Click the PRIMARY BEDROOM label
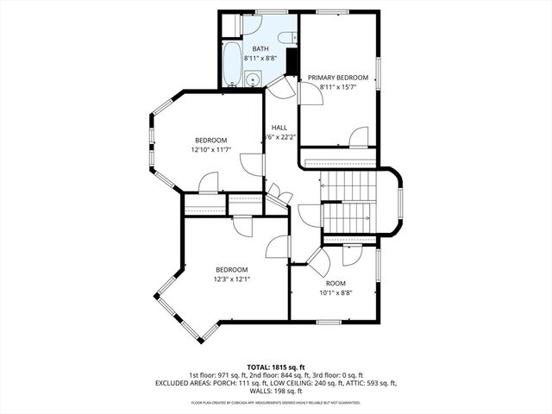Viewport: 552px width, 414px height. (338, 78)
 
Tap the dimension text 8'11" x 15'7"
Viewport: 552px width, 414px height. (338, 87)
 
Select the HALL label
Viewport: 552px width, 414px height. (279, 128)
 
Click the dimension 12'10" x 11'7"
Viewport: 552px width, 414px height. (210, 150)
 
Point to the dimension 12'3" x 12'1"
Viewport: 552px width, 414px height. (232, 279)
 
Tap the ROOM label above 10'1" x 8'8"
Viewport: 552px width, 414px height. (336, 283)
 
